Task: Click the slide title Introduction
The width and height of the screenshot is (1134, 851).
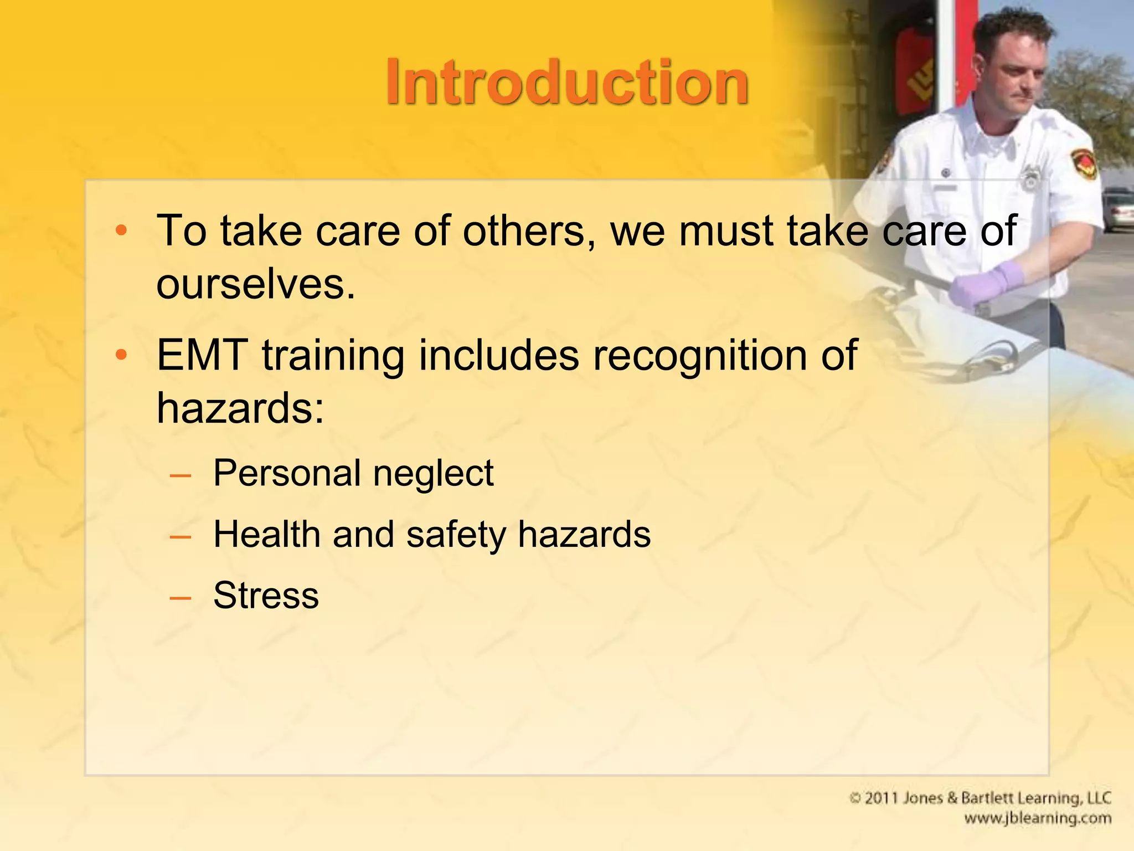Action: pyautogui.click(x=567, y=83)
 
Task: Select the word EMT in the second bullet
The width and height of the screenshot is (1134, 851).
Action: pyautogui.click(x=202, y=356)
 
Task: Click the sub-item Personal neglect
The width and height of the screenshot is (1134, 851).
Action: pyautogui.click(x=353, y=474)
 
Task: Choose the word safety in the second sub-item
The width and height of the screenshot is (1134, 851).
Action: pyautogui.click(x=456, y=535)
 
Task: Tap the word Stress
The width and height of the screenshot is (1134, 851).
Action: pyautogui.click(x=266, y=596)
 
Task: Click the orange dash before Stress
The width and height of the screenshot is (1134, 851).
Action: pyautogui.click(x=181, y=598)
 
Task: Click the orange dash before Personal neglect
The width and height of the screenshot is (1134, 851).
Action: pyautogui.click(x=181, y=475)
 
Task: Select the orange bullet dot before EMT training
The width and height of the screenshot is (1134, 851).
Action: pyautogui.click(x=121, y=355)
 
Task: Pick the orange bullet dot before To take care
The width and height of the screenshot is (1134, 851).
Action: pyautogui.click(x=121, y=230)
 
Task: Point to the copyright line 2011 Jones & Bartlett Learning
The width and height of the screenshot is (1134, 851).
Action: pyautogui.click(x=980, y=798)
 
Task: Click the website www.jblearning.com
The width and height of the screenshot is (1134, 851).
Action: pyautogui.click(x=1037, y=818)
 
